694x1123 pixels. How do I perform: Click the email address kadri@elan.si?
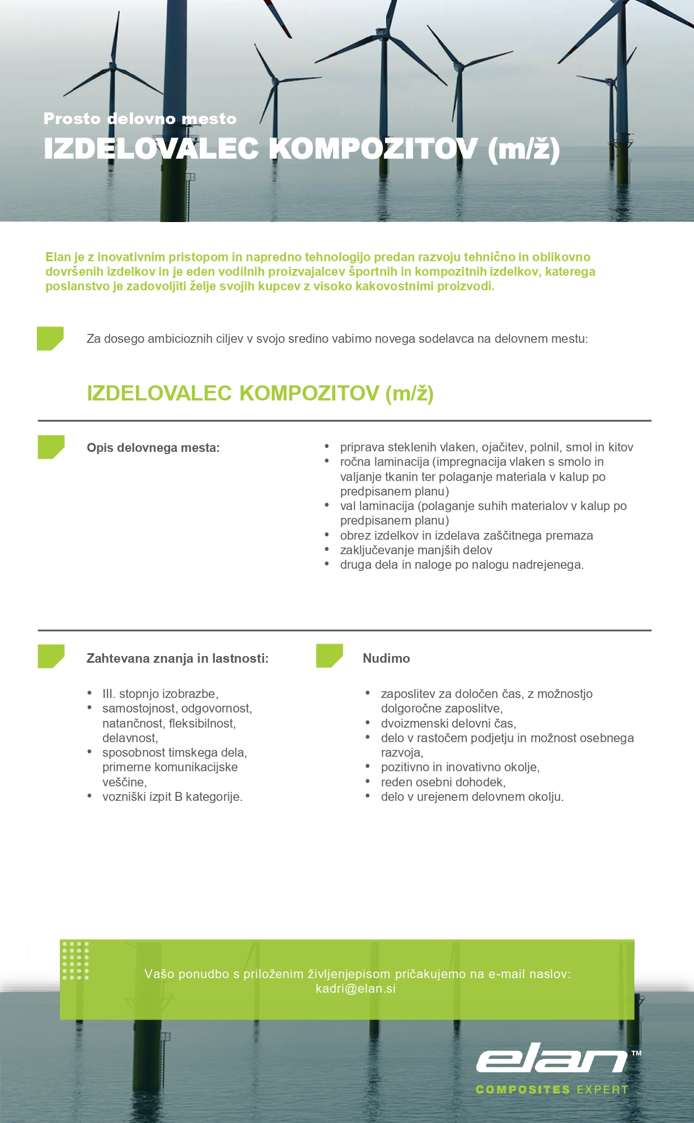355,988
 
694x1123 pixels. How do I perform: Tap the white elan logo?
551,1058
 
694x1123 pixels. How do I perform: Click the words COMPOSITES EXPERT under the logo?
551,1089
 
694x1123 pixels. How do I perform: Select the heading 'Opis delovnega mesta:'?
153,448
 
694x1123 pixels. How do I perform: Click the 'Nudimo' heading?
386,658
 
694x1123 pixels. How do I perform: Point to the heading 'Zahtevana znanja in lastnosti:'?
177,658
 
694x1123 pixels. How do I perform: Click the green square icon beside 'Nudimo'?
329,655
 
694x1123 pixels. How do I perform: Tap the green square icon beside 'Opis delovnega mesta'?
51,447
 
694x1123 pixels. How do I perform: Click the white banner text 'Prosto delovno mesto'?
140,119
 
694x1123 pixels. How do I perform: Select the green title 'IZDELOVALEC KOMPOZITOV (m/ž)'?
260,393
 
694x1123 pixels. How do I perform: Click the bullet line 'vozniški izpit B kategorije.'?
172,796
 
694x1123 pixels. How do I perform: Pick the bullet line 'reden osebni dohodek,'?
443,782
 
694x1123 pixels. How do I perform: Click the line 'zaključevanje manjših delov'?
416,550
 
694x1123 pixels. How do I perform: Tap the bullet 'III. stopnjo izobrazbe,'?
160,693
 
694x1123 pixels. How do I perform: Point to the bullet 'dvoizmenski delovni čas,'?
448,723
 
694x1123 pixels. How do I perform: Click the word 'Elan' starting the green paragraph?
58,257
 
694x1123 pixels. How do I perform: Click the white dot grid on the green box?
76,961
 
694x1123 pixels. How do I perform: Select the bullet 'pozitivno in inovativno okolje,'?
460,767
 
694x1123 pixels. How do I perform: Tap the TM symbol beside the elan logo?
636,1053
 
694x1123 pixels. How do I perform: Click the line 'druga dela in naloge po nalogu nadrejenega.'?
462,565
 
